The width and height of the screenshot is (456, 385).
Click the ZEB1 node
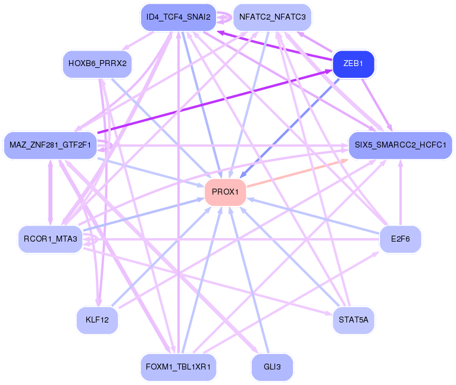(353, 64)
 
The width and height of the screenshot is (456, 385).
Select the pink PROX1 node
(225, 192)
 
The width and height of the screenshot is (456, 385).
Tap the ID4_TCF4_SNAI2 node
(177, 17)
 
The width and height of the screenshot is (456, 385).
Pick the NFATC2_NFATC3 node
(272, 17)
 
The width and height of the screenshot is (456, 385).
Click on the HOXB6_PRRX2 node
(97, 64)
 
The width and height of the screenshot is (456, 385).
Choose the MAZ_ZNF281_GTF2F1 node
(50, 145)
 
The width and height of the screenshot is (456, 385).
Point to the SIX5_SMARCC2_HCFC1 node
(400, 145)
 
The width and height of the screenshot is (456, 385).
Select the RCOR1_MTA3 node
(51, 239)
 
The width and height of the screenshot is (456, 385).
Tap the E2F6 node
(400, 239)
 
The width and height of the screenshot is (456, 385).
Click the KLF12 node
(97, 320)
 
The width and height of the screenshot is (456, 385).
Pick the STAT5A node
(354, 320)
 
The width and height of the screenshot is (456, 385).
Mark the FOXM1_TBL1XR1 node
(177, 367)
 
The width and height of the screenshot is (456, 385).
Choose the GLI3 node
(272, 367)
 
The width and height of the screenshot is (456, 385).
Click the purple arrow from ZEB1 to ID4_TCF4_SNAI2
(274, 45)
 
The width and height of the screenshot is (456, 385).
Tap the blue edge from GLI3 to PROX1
(250, 280)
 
